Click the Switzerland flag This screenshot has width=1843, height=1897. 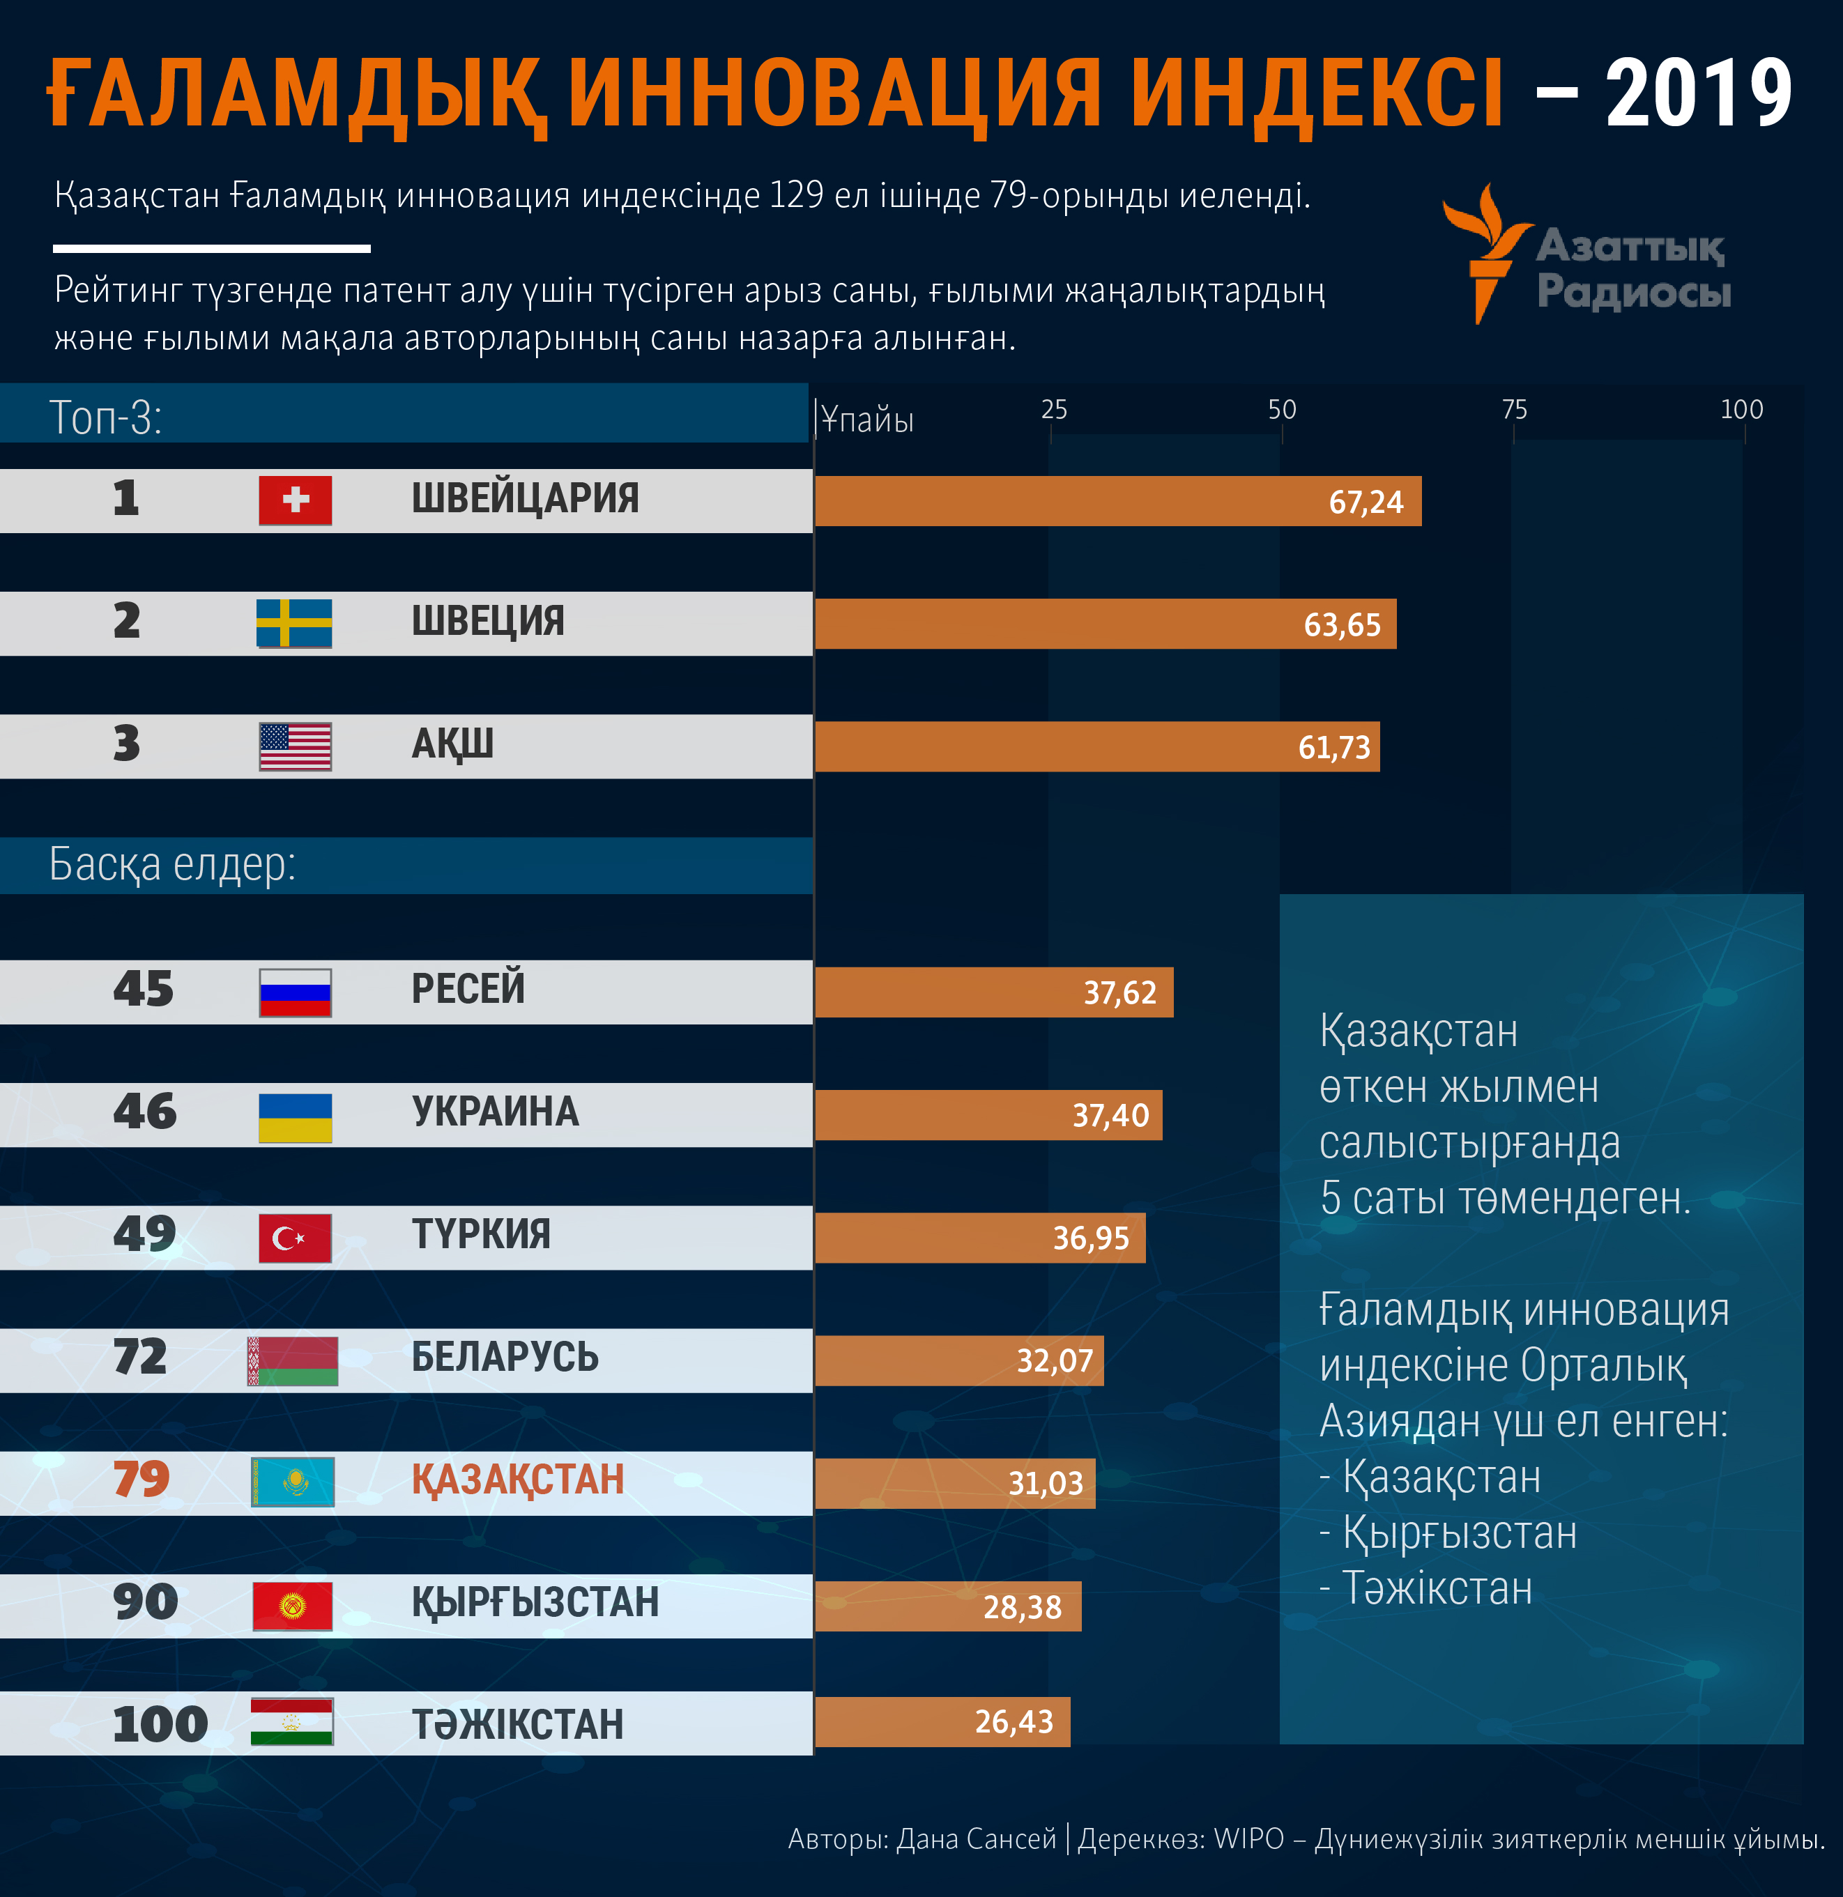296,500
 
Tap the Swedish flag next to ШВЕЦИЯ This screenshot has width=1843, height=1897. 294,623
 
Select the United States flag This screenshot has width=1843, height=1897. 296,746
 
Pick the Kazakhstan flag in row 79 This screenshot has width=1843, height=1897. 292,1481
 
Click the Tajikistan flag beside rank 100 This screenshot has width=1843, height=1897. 291,1722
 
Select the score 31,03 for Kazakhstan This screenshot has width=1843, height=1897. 1046,1483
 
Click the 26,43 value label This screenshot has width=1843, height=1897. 1014,1722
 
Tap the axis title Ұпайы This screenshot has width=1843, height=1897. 867,420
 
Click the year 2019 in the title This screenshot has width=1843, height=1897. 1699,94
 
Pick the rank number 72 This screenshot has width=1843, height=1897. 140,1357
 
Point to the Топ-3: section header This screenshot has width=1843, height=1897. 105,417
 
